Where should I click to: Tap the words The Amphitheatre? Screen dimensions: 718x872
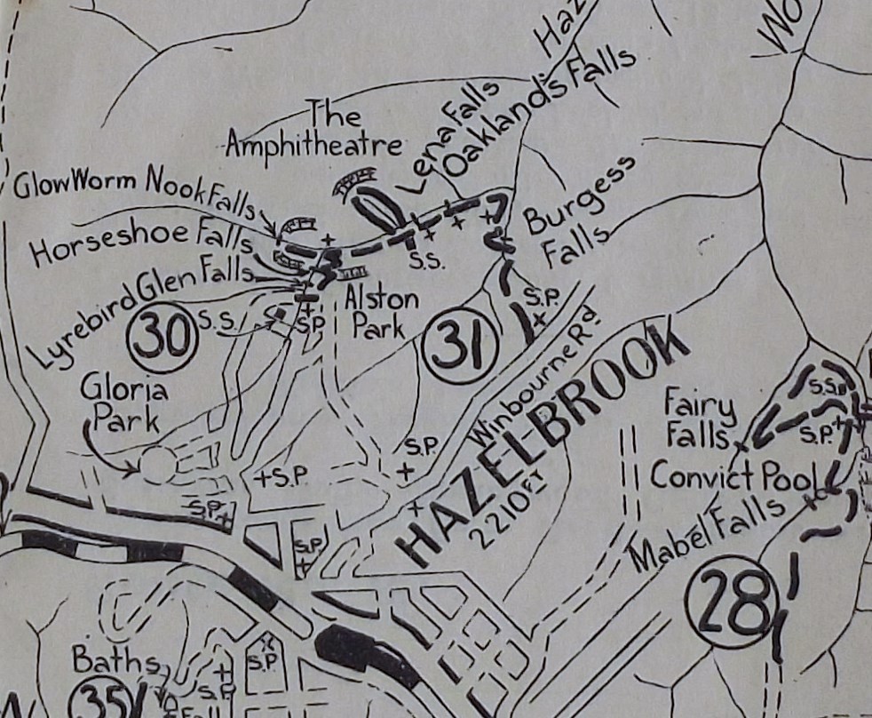pos(316,132)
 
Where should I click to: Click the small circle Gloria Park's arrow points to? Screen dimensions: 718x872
pos(158,465)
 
